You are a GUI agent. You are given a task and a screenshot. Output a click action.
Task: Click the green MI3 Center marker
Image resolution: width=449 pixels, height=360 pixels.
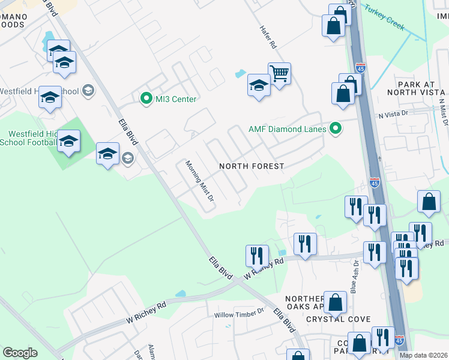[x=145, y=98]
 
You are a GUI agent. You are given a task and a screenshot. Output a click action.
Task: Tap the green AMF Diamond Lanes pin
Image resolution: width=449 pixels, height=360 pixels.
[x=336, y=128]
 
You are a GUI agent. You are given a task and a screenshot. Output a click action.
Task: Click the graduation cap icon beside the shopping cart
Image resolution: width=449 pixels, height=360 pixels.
[x=259, y=86]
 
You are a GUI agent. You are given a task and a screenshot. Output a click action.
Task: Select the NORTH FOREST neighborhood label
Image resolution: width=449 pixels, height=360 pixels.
[x=251, y=166]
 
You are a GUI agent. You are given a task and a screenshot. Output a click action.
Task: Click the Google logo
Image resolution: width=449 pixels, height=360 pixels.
[x=20, y=353]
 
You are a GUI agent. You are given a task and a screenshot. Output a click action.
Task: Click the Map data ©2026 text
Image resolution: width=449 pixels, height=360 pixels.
[x=424, y=355]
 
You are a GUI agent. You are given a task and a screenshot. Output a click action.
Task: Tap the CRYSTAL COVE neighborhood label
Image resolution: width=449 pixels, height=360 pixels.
[x=346, y=319]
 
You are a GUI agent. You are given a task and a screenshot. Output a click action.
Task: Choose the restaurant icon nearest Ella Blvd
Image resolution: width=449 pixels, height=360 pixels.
[x=257, y=256]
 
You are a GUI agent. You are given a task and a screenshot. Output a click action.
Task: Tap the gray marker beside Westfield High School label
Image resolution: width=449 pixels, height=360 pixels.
[x=88, y=91]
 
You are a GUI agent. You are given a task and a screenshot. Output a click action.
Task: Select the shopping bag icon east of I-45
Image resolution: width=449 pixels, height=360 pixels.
[x=429, y=202]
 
